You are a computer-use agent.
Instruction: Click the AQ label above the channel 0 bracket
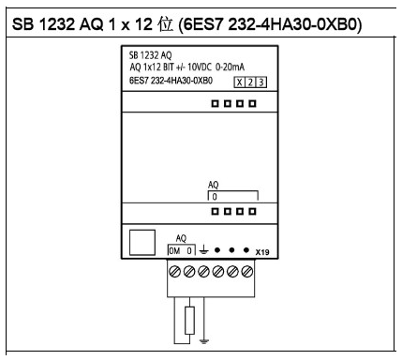[214, 186]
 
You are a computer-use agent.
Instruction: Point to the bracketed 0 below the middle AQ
[214, 197]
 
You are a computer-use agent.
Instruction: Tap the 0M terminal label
[172, 251]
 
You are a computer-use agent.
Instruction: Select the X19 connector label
[261, 252]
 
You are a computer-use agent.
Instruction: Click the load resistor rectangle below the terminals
[191, 320]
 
